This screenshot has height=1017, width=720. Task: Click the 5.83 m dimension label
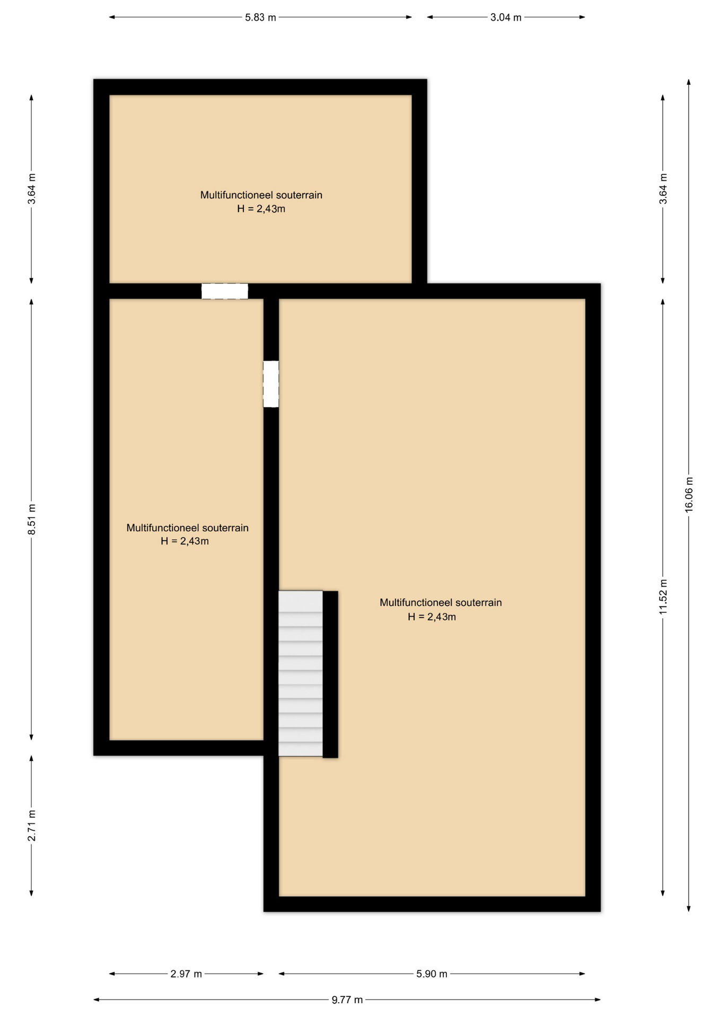[x=260, y=17]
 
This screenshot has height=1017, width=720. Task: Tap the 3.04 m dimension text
[x=506, y=17]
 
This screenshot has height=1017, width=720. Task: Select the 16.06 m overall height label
[x=689, y=494]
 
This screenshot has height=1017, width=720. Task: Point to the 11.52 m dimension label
[x=663, y=597]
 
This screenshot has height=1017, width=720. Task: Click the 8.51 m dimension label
[x=32, y=519]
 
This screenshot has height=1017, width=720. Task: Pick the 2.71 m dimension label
[x=32, y=826]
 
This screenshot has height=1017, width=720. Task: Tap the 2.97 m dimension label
[x=186, y=974]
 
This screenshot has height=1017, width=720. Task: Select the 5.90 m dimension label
[x=432, y=974]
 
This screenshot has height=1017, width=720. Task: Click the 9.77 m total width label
[x=347, y=1000]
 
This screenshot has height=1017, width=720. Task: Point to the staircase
[x=301, y=673]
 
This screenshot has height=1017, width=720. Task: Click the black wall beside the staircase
[x=330, y=674]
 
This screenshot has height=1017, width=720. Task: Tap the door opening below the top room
[x=225, y=291]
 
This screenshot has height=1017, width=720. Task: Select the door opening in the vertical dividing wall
[x=271, y=384]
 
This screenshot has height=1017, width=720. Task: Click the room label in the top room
[x=261, y=195]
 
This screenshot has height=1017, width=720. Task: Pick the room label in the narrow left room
[x=187, y=528]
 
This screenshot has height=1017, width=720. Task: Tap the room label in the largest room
[x=441, y=603]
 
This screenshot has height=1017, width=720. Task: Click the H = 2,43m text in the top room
[x=261, y=209]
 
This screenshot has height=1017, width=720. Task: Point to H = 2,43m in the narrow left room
[x=185, y=541]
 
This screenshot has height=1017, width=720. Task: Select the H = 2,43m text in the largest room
[x=432, y=617]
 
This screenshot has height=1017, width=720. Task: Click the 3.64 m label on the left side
[x=32, y=189]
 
